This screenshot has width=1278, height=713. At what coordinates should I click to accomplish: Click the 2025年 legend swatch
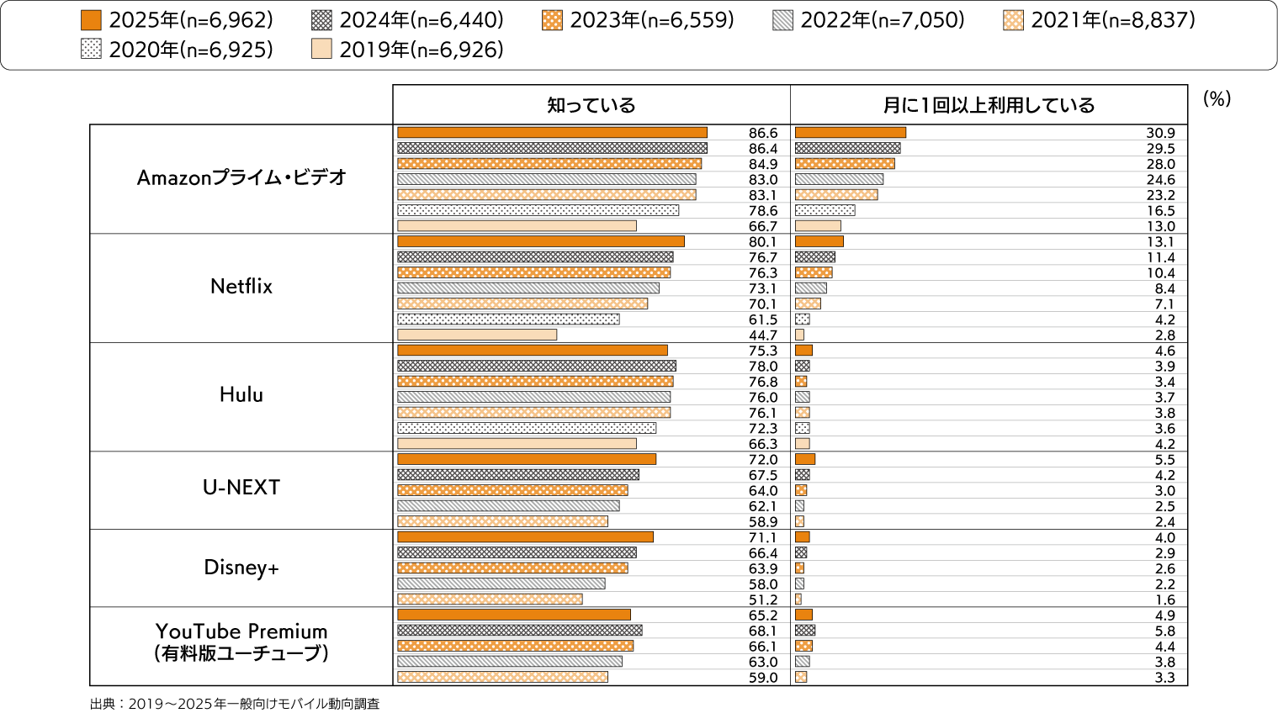pyautogui.click(x=92, y=20)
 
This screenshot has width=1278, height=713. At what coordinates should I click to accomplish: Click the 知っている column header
pyautogui.click(x=591, y=105)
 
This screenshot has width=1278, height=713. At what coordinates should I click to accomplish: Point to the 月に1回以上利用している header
pyautogui.click(x=989, y=105)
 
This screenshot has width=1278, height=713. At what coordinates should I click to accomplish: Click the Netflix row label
pyautogui.click(x=241, y=287)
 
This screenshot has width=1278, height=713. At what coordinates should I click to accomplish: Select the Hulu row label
pyautogui.click(x=241, y=395)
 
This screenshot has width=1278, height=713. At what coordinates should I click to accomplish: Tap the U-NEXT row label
pyautogui.click(x=241, y=488)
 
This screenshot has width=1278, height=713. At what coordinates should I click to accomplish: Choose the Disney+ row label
pyautogui.click(x=241, y=568)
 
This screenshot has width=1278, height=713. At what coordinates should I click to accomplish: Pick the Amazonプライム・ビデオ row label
pyautogui.click(x=241, y=177)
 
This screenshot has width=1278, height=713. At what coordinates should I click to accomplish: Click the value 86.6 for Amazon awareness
pyautogui.click(x=763, y=133)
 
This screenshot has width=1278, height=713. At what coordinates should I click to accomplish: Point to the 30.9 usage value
pyautogui.click(x=1160, y=133)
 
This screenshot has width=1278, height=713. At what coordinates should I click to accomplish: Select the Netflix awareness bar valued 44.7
pyautogui.click(x=477, y=335)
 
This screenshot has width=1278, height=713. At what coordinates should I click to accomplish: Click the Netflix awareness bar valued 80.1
pyautogui.click(x=540, y=241)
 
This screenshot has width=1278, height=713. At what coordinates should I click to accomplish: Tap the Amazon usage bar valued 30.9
pyautogui.click(x=850, y=133)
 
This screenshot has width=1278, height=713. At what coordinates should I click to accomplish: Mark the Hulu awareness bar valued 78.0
pyautogui.click(x=536, y=366)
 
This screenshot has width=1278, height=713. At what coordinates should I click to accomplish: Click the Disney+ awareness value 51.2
pyautogui.click(x=763, y=599)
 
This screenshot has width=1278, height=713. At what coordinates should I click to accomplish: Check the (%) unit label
pyautogui.click(x=1217, y=98)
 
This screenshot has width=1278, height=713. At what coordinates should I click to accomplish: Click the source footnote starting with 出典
pyautogui.click(x=235, y=704)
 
